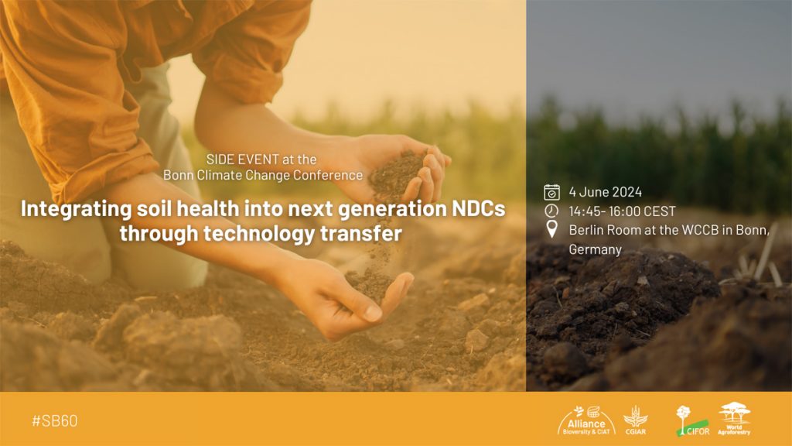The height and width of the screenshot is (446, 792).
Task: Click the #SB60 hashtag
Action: [x=55, y=420]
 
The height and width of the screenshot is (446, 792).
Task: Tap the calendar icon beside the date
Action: [x=551, y=192]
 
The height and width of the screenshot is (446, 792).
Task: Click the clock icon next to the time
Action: [x=551, y=211]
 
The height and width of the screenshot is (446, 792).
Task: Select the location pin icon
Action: [x=552, y=229]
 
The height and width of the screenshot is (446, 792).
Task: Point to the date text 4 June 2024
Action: [x=605, y=192]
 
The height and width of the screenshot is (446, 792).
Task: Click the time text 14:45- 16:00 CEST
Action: [x=622, y=211]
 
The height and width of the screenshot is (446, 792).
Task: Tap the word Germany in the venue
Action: [x=595, y=249]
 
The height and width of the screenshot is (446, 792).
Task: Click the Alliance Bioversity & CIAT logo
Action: [x=586, y=420]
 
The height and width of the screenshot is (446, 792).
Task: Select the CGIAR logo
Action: [x=636, y=420]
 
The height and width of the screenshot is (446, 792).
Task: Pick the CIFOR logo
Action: [x=692, y=420]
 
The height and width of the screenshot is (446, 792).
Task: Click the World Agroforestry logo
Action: [x=734, y=419]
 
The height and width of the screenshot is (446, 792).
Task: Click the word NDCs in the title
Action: [x=478, y=208]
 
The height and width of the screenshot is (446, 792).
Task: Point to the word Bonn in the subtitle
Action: [x=176, y=175]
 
